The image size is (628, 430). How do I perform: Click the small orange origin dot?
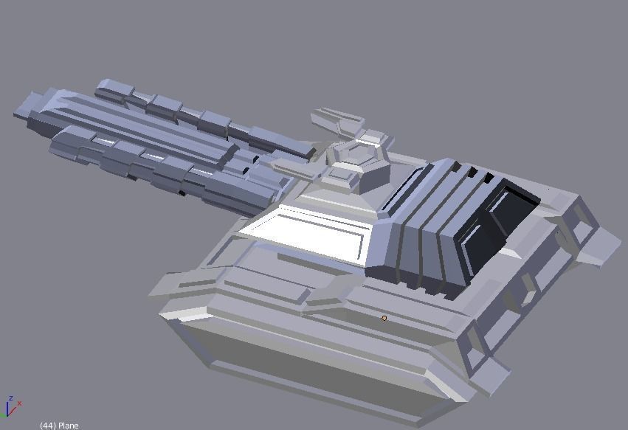tap(384, 318)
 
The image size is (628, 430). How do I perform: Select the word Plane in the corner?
tap(69, 426)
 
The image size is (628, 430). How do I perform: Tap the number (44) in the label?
tap(48, 426)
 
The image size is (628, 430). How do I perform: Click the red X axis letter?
tap(20, 403)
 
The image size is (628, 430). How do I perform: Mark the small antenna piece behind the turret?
tap(337, 119)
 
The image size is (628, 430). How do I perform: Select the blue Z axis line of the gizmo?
tap(7, 409)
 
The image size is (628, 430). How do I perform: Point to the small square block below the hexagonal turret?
tap(344, 176)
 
